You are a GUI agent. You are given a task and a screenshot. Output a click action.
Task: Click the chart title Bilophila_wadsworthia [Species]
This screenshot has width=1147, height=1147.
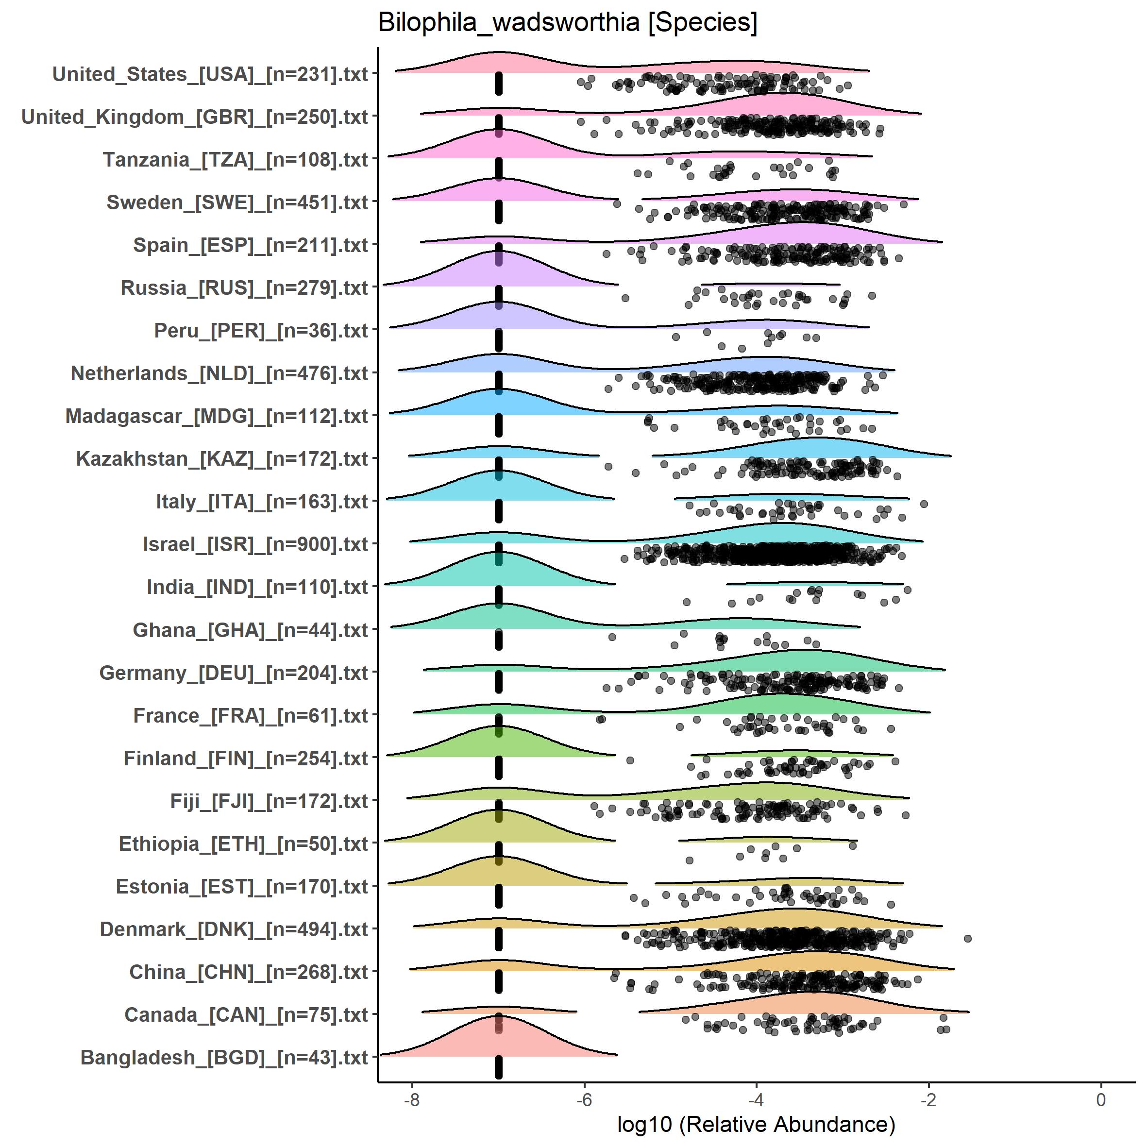[x=568, y=23]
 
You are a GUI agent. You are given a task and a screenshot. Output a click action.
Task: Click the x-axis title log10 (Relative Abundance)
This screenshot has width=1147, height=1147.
[x=756, y=1124]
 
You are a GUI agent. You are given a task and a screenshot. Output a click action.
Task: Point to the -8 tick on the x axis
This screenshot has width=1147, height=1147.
[x=412, y=1099]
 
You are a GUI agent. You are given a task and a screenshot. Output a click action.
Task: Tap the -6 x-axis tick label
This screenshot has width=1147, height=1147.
[x=584, y=1099]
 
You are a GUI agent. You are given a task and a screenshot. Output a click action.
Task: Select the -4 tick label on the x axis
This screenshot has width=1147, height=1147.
[x=756, y=1099]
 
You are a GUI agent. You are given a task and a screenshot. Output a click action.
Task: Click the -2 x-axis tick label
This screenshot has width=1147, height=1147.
[x=928, y=1099]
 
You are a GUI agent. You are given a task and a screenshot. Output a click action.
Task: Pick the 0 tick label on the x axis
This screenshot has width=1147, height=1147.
[x=1101, y=1099]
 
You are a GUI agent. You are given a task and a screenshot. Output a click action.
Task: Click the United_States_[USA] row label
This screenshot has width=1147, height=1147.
[x=210, y=74]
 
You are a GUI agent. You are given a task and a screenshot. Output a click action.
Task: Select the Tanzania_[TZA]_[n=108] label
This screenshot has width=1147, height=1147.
[x=236, y=160]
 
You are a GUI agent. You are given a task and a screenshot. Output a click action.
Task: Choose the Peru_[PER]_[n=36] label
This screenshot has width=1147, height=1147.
[x=261, y=331]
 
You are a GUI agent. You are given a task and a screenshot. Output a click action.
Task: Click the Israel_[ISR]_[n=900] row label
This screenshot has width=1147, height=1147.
[x=255, y=544]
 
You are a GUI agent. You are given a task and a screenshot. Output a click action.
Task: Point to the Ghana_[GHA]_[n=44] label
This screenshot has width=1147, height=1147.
[x=251, y=630]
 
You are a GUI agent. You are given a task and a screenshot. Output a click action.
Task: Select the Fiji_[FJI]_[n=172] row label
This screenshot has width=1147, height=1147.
[x=269, y=801]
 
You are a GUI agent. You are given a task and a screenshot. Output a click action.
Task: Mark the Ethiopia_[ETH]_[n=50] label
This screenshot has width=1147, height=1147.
[x=243, y=843]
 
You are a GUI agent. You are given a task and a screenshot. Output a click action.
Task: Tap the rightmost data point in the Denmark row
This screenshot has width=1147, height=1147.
[x=967, y=939]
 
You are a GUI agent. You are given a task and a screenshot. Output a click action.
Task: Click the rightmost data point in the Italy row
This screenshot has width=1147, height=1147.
[x=924, y=504]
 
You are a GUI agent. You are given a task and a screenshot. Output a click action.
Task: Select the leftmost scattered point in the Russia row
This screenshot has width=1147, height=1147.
[x=624, y=298]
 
